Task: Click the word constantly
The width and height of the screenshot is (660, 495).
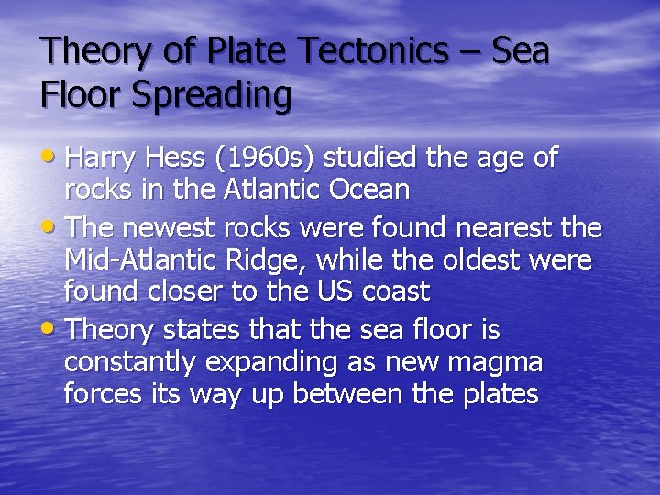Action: tap(129, 363)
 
